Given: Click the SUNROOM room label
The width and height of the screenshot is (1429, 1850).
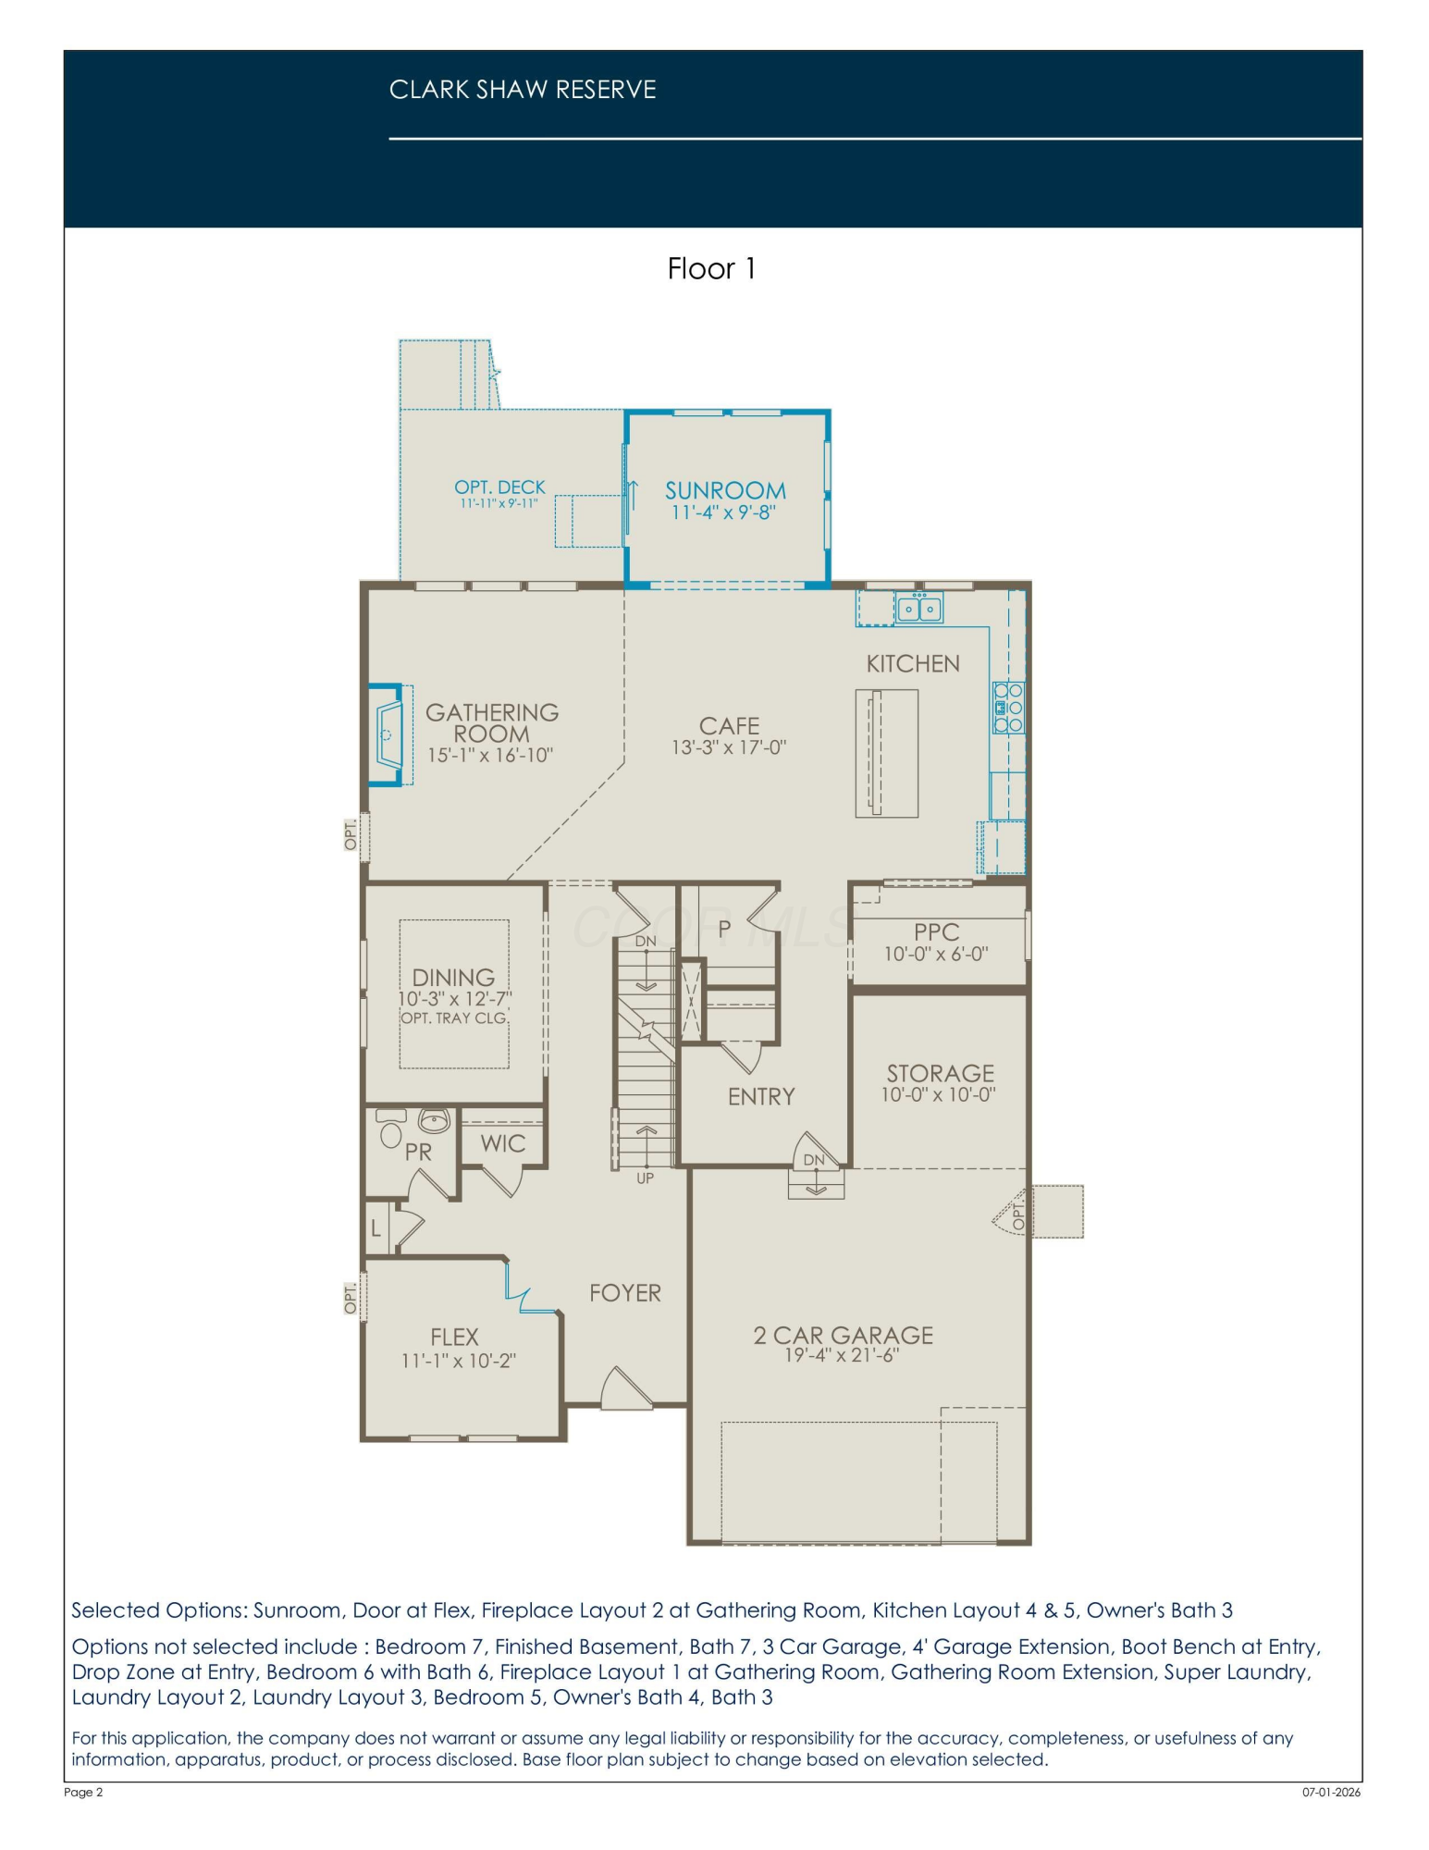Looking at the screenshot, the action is (x=725, y=490).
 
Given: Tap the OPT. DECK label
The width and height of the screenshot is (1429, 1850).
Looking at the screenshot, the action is (x=499, y=487).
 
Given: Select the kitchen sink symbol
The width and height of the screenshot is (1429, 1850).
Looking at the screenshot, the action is (x=919, y=608).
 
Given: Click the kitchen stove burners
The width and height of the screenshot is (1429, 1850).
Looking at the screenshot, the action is (x=1008, y=708).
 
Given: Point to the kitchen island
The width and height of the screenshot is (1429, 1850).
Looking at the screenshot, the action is (x=887, y=753).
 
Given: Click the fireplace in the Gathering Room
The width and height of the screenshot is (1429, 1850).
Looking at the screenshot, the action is (x=388, y=734).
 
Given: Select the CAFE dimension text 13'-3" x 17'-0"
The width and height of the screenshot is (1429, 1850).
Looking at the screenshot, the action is (x=729, y=747).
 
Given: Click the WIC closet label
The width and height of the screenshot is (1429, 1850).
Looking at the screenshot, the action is (x=503, y=1143).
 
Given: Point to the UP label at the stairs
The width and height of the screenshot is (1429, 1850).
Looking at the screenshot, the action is (x=645, y=1178).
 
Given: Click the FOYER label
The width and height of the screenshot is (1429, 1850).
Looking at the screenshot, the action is (x=625, y=1292).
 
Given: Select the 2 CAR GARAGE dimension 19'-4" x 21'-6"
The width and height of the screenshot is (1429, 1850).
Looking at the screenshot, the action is (x=842, y=1355).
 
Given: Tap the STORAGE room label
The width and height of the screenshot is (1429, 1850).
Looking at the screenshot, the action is (x=941, y=1073).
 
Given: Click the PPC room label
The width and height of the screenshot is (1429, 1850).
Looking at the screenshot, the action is (x=937, y=932).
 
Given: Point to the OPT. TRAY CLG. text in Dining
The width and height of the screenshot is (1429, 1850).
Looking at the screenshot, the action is (x=454, y=1017).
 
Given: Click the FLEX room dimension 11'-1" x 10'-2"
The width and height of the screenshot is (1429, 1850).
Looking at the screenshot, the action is (x=459, y=1361).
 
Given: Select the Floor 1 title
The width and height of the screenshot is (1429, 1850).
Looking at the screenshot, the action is (x=712, y=268).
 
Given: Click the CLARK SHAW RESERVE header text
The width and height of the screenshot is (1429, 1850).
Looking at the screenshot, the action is (x=523, y=90).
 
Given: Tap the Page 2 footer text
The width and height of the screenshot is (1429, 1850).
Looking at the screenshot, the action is (x=83, y=1792).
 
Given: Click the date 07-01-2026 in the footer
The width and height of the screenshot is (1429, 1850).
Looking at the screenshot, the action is (x=1332, y=1792).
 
